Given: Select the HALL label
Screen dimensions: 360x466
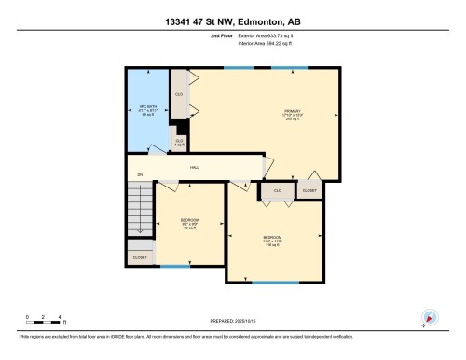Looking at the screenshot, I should coord(196,166).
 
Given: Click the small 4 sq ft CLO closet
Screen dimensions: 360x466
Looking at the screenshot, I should coord(179,142).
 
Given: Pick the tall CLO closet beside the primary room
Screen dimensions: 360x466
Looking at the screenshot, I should coord(179,94).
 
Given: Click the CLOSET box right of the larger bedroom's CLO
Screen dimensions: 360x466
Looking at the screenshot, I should coord(309,190).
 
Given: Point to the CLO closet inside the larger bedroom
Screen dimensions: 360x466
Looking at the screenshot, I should coord(278,190).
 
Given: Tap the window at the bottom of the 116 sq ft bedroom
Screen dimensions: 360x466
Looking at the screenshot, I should coord(277,282).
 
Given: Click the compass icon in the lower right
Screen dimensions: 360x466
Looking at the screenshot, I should coord(429,317).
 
